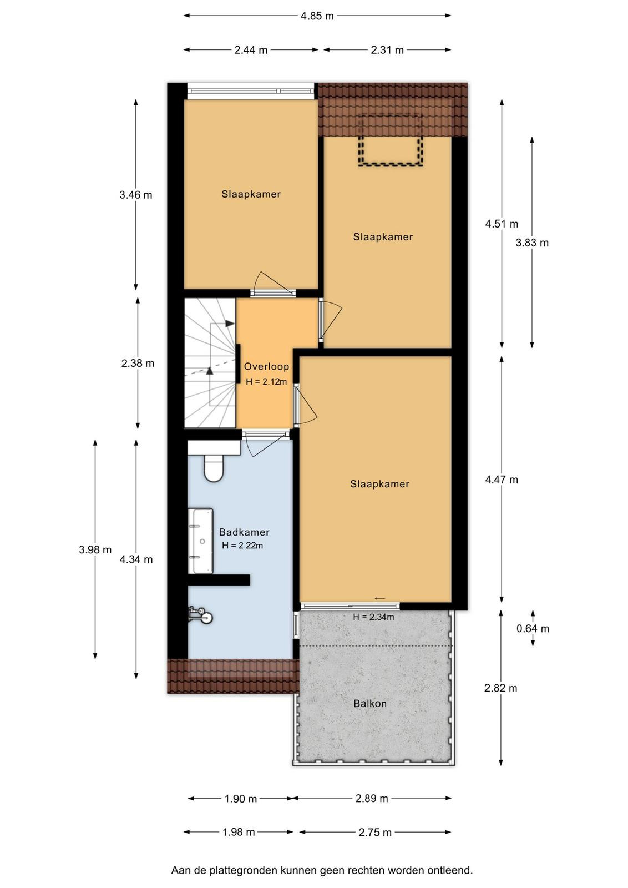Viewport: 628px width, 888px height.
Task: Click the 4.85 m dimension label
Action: (317, 16)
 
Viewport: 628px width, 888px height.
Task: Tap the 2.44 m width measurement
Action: (251, 50)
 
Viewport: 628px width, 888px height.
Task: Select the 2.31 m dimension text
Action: (387, 50)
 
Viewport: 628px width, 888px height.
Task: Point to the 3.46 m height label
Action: (136, 195)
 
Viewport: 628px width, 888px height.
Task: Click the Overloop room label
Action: (266, 366)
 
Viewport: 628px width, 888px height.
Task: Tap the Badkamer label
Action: (244, 532)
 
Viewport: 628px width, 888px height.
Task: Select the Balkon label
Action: (369, 703)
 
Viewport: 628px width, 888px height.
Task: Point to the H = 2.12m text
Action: (266, 382)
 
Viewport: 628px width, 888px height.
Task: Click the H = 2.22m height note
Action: (242, 546)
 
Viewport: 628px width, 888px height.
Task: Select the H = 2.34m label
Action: (373, 617)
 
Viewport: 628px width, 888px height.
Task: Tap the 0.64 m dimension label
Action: (533, 628)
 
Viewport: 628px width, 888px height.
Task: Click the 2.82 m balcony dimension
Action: (500, 688)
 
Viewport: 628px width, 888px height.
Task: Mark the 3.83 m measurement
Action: (532, 243)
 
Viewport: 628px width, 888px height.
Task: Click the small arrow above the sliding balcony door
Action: (379, 598)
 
